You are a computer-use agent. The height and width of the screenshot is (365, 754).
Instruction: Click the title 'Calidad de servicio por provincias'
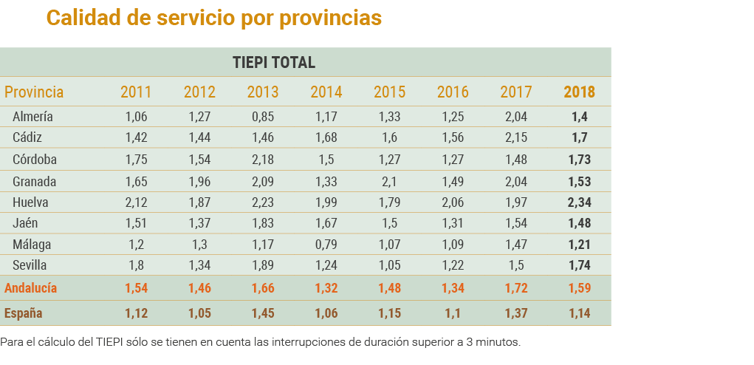[x=214, y=18]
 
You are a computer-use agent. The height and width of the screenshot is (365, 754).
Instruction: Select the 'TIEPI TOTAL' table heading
[x=274, y=62]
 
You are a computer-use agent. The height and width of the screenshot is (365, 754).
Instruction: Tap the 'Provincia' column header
[x=34, y=92]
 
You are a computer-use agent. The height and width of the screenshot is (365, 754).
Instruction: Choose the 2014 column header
[x=326, y=92]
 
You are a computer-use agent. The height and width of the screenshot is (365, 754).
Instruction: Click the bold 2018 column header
[x=579, y=92]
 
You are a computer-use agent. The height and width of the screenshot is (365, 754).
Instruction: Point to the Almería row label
[x=32, y=117]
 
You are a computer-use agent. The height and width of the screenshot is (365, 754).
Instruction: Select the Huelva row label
[x=30, y=202]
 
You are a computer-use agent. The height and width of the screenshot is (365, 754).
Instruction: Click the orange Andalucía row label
[x=30, y=288]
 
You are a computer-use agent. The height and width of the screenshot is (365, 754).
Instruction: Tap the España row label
[x=23, y=313]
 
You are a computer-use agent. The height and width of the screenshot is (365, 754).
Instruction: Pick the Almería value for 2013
[x=262, y=117]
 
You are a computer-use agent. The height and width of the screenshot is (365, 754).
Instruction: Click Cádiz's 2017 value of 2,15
[x=515, y=137]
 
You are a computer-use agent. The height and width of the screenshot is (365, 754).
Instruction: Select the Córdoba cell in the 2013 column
[x=262, y=160]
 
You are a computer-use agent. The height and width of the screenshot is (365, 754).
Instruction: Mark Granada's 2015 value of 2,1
[x=389, y=181]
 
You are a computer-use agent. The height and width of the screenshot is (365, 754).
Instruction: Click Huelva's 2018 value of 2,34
[x=579, y=202]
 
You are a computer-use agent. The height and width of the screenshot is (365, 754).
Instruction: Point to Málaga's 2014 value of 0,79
[x=326, y=244]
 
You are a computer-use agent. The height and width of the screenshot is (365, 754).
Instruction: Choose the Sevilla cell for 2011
[x=136, y=265]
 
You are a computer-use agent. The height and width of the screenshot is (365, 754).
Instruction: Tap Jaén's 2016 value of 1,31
[x=453, y=223]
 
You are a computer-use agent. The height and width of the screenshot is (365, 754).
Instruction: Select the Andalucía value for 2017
[x=515, y=288]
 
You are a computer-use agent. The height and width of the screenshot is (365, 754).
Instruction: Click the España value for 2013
[x=262, y=313]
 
